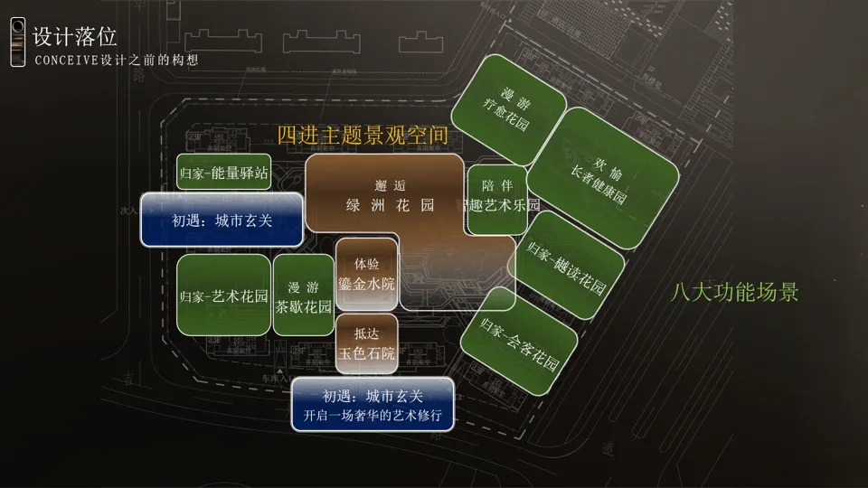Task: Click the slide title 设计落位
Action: point(74,36)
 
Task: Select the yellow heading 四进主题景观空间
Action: point(363,136)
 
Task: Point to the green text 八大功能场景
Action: point(734,293)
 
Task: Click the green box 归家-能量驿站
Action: point(223,173)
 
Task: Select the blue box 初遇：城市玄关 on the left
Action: point(222,220)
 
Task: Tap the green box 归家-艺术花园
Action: point(223,296)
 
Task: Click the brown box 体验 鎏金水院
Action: point(366,274)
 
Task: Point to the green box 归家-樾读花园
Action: point(566,265)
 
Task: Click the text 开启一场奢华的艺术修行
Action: point(373,418)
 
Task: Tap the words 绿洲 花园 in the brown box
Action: point(390,205)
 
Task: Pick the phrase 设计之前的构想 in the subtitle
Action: point(149,61)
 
